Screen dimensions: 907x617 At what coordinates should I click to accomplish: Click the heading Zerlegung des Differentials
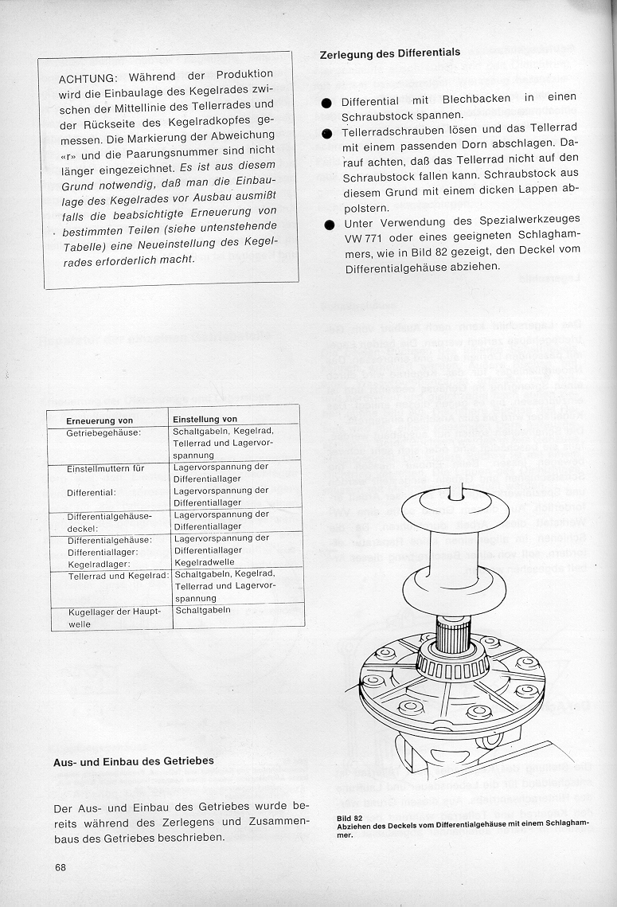click(x=389, y=53)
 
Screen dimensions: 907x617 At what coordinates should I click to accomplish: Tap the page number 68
click(x=61, y=867)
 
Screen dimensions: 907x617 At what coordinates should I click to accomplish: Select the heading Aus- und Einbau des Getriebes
click(x=133, y=761)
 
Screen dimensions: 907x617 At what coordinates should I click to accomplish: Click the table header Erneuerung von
click(x=100, y=420)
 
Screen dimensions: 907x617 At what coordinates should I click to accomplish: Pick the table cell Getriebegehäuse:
click(x=104, y=432)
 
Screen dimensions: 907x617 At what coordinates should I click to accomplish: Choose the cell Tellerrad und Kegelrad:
click(x=118, y=575)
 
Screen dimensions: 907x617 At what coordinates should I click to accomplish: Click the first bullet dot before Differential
click(x=326, y=104)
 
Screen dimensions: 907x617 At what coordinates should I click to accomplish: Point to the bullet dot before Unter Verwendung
click(x=326, y=225)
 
